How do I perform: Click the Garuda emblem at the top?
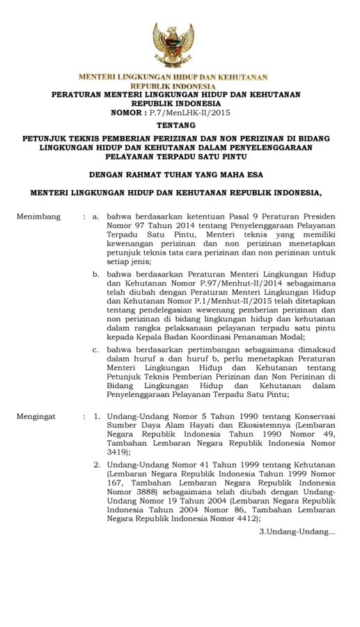click(173, 44)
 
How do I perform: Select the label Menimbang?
click(38, 217)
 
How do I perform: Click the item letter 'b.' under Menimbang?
click(97, 275)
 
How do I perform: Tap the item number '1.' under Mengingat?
click(97, 416)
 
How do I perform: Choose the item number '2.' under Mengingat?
click(97, 465)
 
